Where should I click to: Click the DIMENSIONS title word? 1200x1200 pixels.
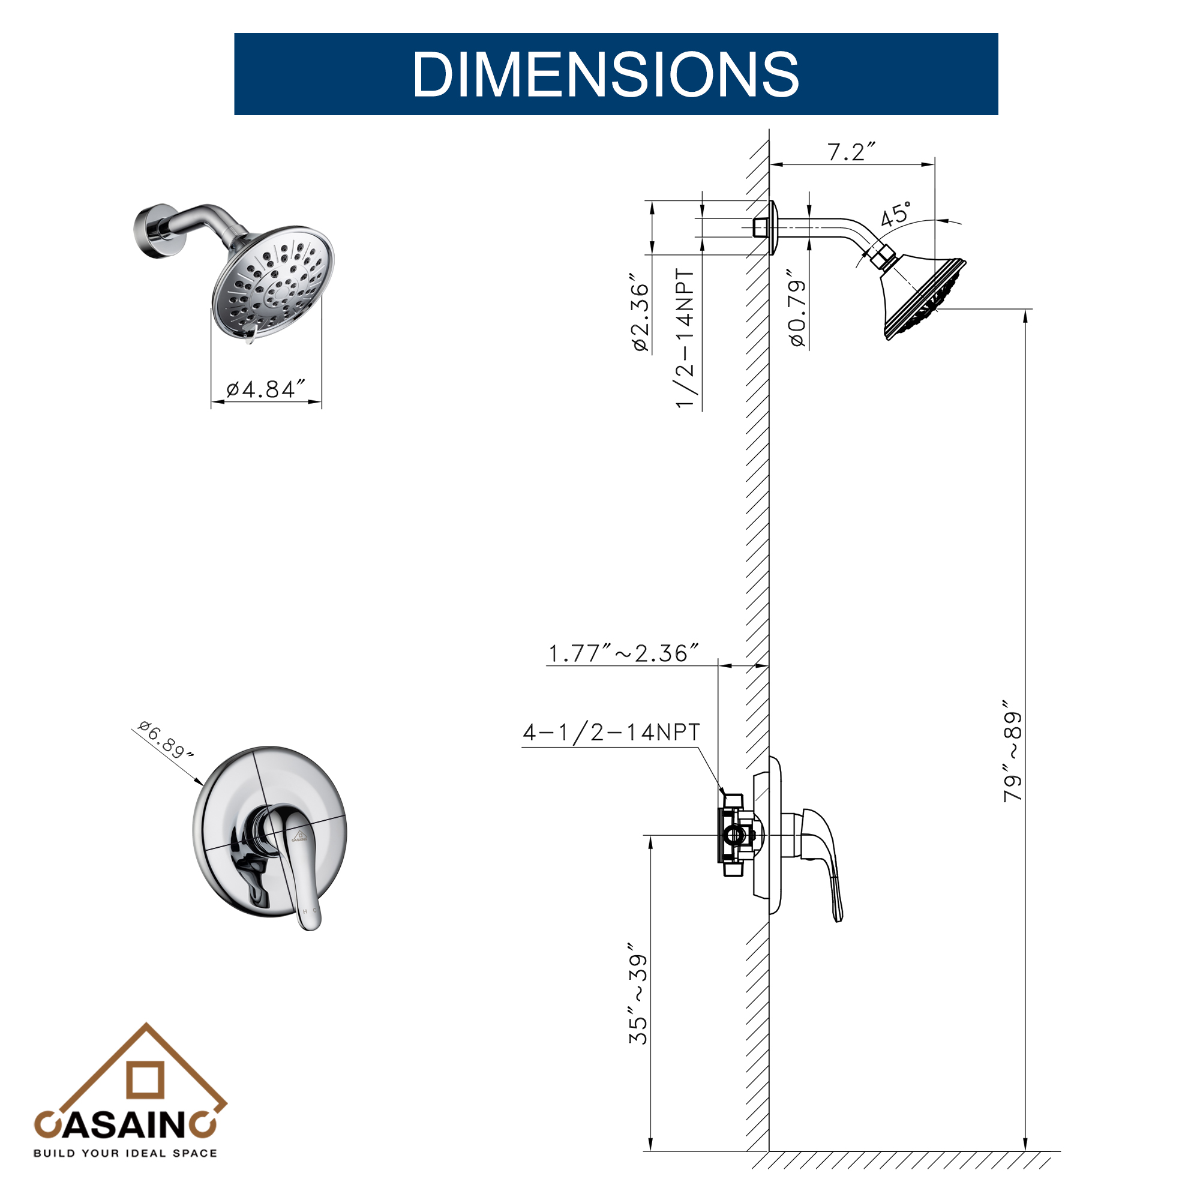point(605,74)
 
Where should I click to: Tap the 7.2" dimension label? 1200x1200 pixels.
point(850,152)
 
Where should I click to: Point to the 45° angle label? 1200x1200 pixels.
point(895,214)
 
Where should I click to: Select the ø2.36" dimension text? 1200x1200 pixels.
point(640,313)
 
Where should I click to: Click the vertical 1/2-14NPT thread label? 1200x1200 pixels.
point(685,338)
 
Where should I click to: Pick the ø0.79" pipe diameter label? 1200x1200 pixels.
point(797,308)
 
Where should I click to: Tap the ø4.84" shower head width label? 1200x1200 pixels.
point(265,389)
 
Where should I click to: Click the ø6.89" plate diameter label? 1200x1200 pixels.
point(164,740)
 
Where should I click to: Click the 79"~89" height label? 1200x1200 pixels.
point(1012,752)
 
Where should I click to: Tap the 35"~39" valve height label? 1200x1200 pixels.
point(638,1000)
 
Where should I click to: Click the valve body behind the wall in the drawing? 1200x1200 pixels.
point(737,835)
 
